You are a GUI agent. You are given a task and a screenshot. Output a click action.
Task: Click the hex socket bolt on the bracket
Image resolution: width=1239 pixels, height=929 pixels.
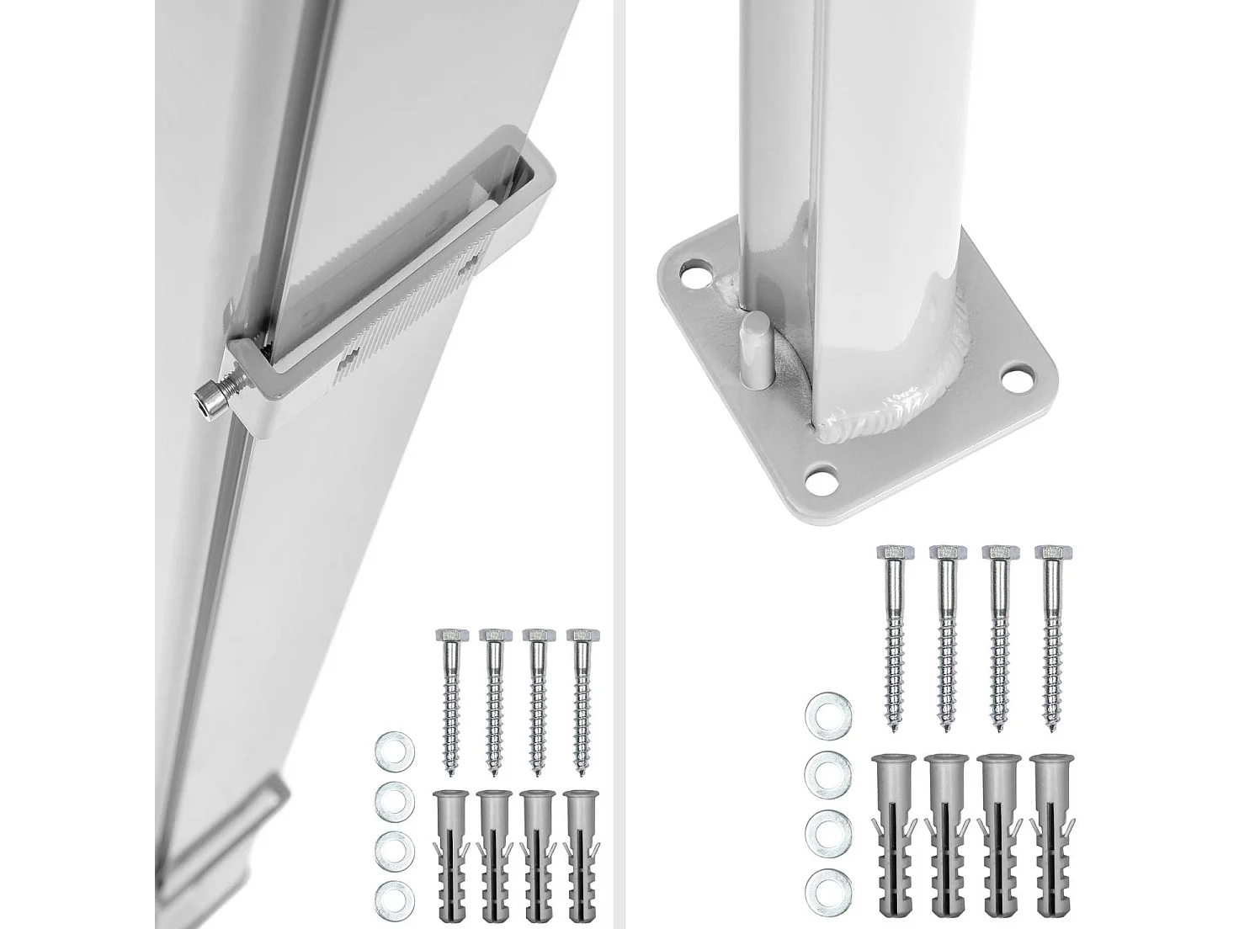tap(212, 398)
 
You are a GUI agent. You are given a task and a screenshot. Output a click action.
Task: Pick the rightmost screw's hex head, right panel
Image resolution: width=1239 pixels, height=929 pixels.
tap(1049, 556)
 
